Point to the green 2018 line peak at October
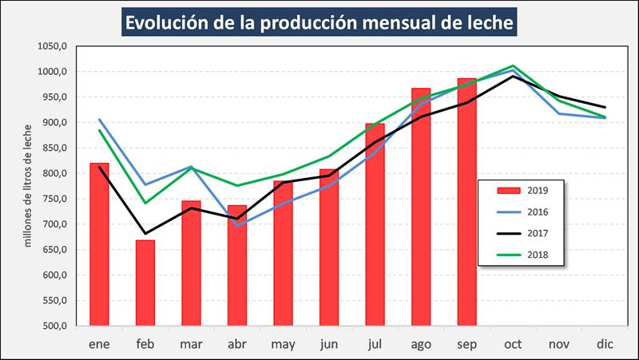[513, 66]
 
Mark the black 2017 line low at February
[145, 234]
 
